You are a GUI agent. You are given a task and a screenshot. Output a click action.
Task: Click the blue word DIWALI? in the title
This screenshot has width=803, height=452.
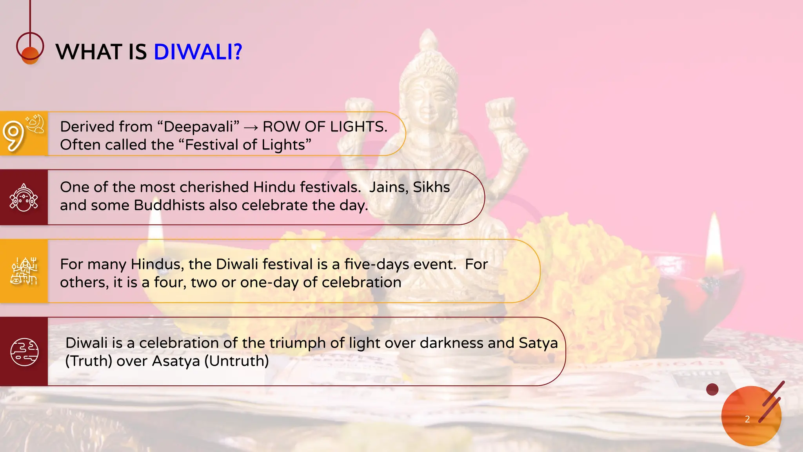[x=198, y=52]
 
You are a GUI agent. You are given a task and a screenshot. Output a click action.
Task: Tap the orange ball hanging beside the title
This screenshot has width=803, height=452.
[x=30, y=55]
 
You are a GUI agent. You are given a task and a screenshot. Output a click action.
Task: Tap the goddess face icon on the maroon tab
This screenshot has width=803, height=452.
[x=24, y=198]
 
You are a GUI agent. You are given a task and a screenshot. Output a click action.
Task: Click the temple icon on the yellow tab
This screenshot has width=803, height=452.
[x=24, y=271]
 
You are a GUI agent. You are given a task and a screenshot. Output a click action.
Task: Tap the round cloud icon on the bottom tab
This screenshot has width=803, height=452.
[x=24, y=352]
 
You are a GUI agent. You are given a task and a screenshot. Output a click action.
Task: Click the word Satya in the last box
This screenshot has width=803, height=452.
[x=538, y=343]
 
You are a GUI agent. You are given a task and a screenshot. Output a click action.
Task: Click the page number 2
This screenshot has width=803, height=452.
[x=747, y=419]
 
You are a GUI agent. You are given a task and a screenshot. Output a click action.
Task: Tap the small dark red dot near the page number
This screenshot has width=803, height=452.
[x=712, y=390]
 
